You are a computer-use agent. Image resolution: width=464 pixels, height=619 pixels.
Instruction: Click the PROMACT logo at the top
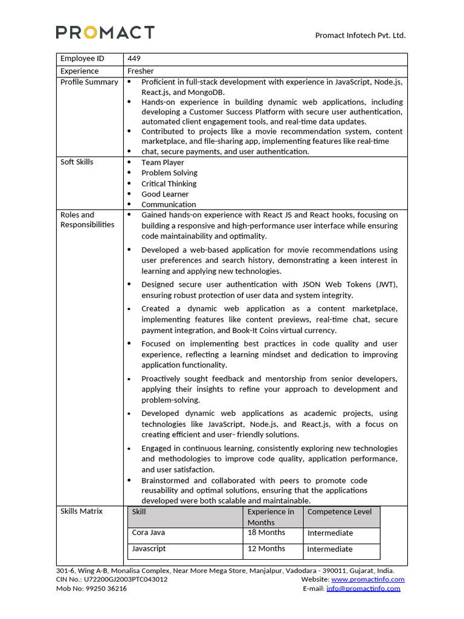(x=105, y=33)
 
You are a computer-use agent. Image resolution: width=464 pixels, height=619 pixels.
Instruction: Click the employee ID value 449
(x=134, y=59)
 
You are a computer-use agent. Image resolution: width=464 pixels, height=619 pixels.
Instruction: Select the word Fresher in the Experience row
(x=140, y=71)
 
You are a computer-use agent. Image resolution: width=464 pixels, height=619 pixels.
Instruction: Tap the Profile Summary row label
(x=89, y=82)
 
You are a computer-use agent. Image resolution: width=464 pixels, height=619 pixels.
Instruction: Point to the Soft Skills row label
(x=77, y=162)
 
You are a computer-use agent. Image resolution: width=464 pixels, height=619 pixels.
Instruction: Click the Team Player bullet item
(x=163, y=163)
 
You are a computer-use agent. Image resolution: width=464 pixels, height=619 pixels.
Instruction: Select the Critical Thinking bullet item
(x=169, y=184)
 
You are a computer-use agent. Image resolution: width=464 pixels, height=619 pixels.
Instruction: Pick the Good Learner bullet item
(x=165, y=194)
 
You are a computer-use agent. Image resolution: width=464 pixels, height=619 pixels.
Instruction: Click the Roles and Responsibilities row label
(x=87, y=219)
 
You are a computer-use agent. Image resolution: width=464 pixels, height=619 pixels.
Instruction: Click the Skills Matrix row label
(x=82, y=511)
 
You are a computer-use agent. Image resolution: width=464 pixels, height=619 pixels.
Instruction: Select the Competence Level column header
(x=340, y=512)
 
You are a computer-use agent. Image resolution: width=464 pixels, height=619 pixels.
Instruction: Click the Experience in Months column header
(x=271, y=517)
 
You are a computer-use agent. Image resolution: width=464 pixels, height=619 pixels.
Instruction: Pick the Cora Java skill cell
(x=149, y=533)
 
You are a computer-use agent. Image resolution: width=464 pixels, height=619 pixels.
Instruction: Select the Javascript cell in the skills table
(x=149, y=548)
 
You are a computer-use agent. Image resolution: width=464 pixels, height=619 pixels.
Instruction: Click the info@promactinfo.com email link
(x=363, y=589)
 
